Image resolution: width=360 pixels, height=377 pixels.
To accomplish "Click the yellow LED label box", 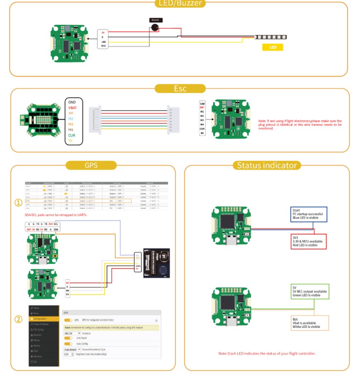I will [272, 47].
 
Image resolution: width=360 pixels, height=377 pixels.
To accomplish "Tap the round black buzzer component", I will [155, 28].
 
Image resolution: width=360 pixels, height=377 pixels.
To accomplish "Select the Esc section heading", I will [180, 89].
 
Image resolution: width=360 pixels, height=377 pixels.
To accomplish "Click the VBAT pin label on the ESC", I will [73, 107].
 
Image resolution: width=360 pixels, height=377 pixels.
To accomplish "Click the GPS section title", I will [91, 165].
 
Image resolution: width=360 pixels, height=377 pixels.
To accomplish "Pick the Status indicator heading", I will [267, 165].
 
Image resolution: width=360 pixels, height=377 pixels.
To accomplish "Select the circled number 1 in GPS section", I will [18, 203].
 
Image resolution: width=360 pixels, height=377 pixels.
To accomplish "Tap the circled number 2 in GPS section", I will [18, 320].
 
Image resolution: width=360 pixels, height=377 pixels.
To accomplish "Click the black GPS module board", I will [156, 262].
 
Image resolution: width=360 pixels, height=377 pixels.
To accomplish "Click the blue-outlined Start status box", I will [309, 214].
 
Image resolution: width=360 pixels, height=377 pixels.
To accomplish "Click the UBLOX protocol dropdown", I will [72, 333].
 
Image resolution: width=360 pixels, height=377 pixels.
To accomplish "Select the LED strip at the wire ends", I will [271, 37].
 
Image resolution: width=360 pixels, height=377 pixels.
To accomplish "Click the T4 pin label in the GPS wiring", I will [68, 295].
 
